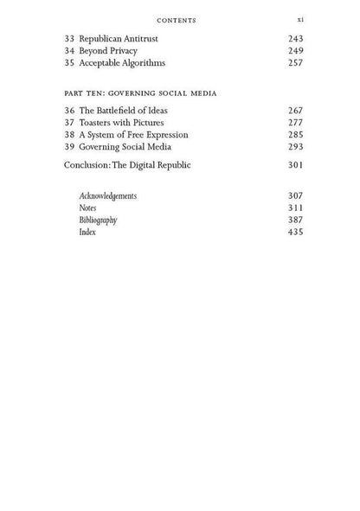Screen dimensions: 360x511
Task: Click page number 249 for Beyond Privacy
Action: (295, 50)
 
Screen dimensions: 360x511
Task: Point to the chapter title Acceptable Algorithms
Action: (123, 62)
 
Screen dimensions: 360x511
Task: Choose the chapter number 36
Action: (70, 111)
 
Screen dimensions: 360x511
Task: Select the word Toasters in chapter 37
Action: (97, 123)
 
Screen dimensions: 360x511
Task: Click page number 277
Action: (295, 123)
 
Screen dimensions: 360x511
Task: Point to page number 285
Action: (295, 135)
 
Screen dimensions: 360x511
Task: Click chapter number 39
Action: (70, 147)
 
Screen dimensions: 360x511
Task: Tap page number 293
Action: (295, 147)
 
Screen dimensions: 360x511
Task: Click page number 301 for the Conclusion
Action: (295, 165)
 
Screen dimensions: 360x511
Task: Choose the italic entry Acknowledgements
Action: (107, 195)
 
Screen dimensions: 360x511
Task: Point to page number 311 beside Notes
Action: (295, 208)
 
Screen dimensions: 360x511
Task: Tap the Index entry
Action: (87, 232)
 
